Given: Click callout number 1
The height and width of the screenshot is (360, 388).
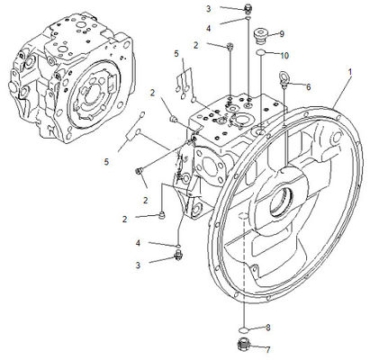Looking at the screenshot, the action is pos(349,72).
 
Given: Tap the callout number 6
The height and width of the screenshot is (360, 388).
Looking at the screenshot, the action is pos(308,87).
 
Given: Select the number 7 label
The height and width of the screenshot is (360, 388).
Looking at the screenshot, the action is pos(267,349).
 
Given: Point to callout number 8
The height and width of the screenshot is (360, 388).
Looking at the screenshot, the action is pos(267,328).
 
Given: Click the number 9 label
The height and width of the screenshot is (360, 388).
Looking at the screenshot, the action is pos(282,34).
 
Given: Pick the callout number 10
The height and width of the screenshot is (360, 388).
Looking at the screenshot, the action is pos(284,56).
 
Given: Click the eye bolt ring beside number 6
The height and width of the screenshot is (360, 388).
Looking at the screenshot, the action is pos(284,76).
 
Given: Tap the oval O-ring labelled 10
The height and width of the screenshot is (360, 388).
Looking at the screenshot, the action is pos(260,52).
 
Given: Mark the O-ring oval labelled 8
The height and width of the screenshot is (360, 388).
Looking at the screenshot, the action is pos(243,330).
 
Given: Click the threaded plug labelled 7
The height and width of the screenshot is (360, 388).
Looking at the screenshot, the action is pos(242,345).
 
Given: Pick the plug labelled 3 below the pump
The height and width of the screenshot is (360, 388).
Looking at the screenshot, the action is pos(178,256).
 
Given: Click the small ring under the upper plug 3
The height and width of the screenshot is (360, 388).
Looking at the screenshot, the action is pos(248,19).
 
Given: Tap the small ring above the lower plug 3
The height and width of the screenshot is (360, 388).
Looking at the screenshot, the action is pos(178,247).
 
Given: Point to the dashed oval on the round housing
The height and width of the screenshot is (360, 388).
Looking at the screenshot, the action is pos(243,216).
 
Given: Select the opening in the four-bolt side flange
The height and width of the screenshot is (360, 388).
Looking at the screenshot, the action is pos(209,165).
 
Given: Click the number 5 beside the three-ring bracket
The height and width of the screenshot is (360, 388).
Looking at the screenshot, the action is pos(176,54).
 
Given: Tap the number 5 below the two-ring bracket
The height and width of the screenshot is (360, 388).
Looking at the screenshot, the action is pos(106,162).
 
